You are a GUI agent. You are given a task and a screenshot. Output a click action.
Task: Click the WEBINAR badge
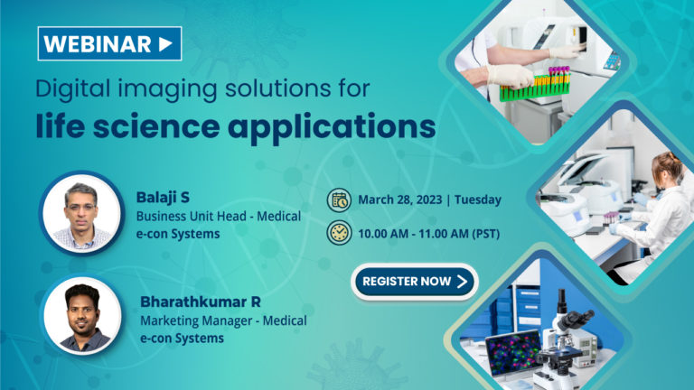[x=109, y=43]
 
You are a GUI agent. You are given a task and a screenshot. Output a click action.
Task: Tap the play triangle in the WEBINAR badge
[x=164, y=43]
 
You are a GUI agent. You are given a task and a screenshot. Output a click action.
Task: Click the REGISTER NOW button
[x=415, y=282]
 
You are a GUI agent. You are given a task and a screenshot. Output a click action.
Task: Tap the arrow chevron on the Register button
[x=462, y=282]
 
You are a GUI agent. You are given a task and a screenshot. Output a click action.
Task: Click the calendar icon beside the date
[x=338, y=200]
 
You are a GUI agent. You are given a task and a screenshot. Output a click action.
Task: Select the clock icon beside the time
[x=338, y=233]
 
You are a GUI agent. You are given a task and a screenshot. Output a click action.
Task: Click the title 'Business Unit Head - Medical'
[x=218, y=216]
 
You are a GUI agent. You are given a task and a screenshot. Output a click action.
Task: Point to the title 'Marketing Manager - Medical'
[x=223, y=320]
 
